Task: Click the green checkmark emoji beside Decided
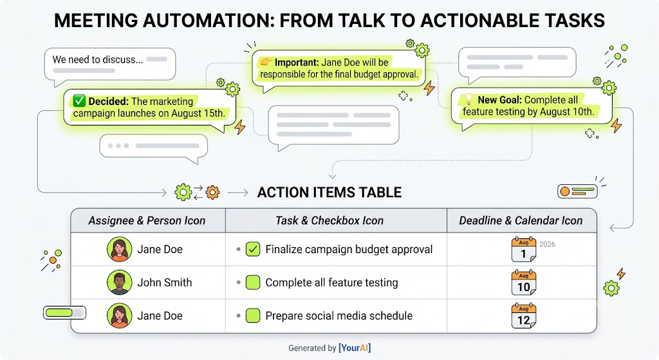tap(79, 101)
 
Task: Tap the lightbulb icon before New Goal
tap(469, 100)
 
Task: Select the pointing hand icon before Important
tap(265, 62)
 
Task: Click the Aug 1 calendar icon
tap(524, 249)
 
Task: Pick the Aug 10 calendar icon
tap(524, 283)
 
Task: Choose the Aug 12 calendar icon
tap(524, 316)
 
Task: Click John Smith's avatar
tap(119, 283)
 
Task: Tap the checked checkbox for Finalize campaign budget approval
tap(252, 249)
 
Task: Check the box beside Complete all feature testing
tap(252, 283)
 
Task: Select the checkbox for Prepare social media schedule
tap(252, 316)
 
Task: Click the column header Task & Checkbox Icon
tap(329, 220)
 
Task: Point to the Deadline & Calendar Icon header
tap(521, 220)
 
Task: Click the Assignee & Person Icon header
tap(147, 220)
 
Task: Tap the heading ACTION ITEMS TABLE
tap(329, 192)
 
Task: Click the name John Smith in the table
tap(165, 283)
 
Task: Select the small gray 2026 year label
tap(547, 244)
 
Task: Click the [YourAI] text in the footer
tap(355, 348)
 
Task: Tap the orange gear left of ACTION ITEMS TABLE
tap(212, 192)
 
